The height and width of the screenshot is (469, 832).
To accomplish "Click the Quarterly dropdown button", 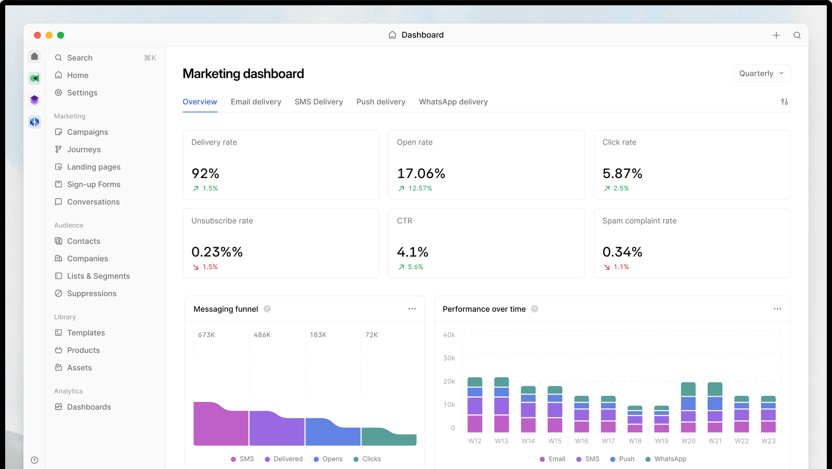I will coord(762,74).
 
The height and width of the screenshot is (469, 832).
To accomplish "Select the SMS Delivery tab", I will coord(318,102).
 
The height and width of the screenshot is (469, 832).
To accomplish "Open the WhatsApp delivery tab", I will coord(453,102).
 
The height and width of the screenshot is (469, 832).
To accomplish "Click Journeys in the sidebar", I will coord(84,150).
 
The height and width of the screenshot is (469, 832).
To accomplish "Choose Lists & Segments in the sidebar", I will coord(98,276).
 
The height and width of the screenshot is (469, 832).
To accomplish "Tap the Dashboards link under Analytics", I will coord(89,407).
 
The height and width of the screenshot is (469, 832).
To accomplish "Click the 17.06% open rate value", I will coord(421,174).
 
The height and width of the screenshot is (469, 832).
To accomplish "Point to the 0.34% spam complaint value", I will coord(622,252).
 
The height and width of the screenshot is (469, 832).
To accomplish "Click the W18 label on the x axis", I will coord(635,441).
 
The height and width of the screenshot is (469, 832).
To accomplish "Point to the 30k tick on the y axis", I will coord(449,358).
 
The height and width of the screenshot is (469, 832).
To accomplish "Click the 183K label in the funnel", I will coord(318,335).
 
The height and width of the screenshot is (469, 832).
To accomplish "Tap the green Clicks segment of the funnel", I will coord(389,437).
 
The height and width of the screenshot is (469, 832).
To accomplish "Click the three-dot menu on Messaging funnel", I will coord(412,309).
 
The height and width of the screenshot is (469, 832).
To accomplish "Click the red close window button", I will coord(37,35).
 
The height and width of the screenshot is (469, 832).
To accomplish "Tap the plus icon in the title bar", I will coord(776,35).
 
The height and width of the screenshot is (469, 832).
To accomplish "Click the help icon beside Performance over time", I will coord(535,309).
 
